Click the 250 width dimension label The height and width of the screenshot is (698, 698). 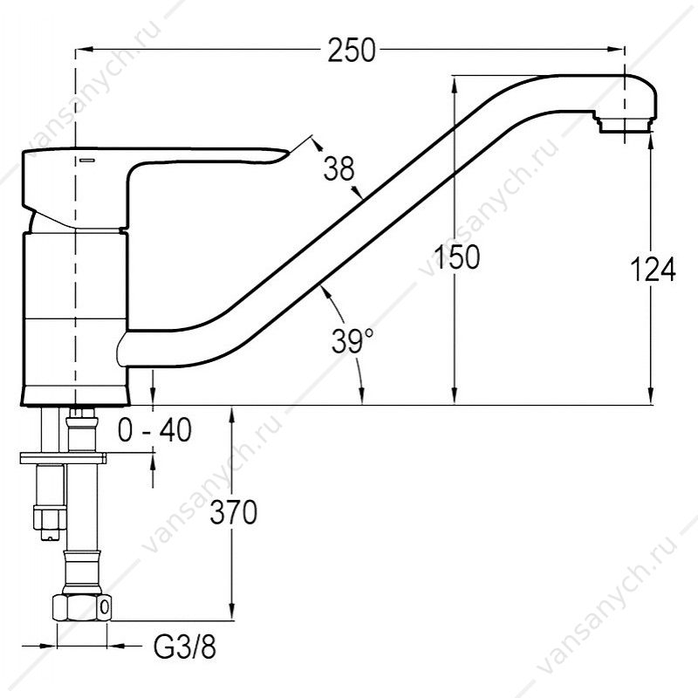(352, 50)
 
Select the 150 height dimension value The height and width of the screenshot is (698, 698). (456, 257)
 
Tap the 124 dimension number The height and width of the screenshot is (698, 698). (653, 269)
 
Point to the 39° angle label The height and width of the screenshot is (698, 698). (352, 340)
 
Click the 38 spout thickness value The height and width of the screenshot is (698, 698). (339, 168)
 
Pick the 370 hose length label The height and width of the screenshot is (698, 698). (233, 512)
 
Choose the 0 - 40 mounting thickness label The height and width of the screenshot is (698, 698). (154, 429)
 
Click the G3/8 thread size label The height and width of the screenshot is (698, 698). (185, 647)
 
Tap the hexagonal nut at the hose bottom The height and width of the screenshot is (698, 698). (82, 606)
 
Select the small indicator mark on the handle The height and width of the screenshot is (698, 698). (87, 160)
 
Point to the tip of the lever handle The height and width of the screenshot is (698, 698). (287, 154)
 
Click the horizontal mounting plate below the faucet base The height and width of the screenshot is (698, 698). (63, 458)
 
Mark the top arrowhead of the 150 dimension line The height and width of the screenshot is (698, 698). (454, 85)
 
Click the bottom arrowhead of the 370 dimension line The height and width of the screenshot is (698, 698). (232, 612)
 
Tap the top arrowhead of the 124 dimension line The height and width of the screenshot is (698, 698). (651, 142)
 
